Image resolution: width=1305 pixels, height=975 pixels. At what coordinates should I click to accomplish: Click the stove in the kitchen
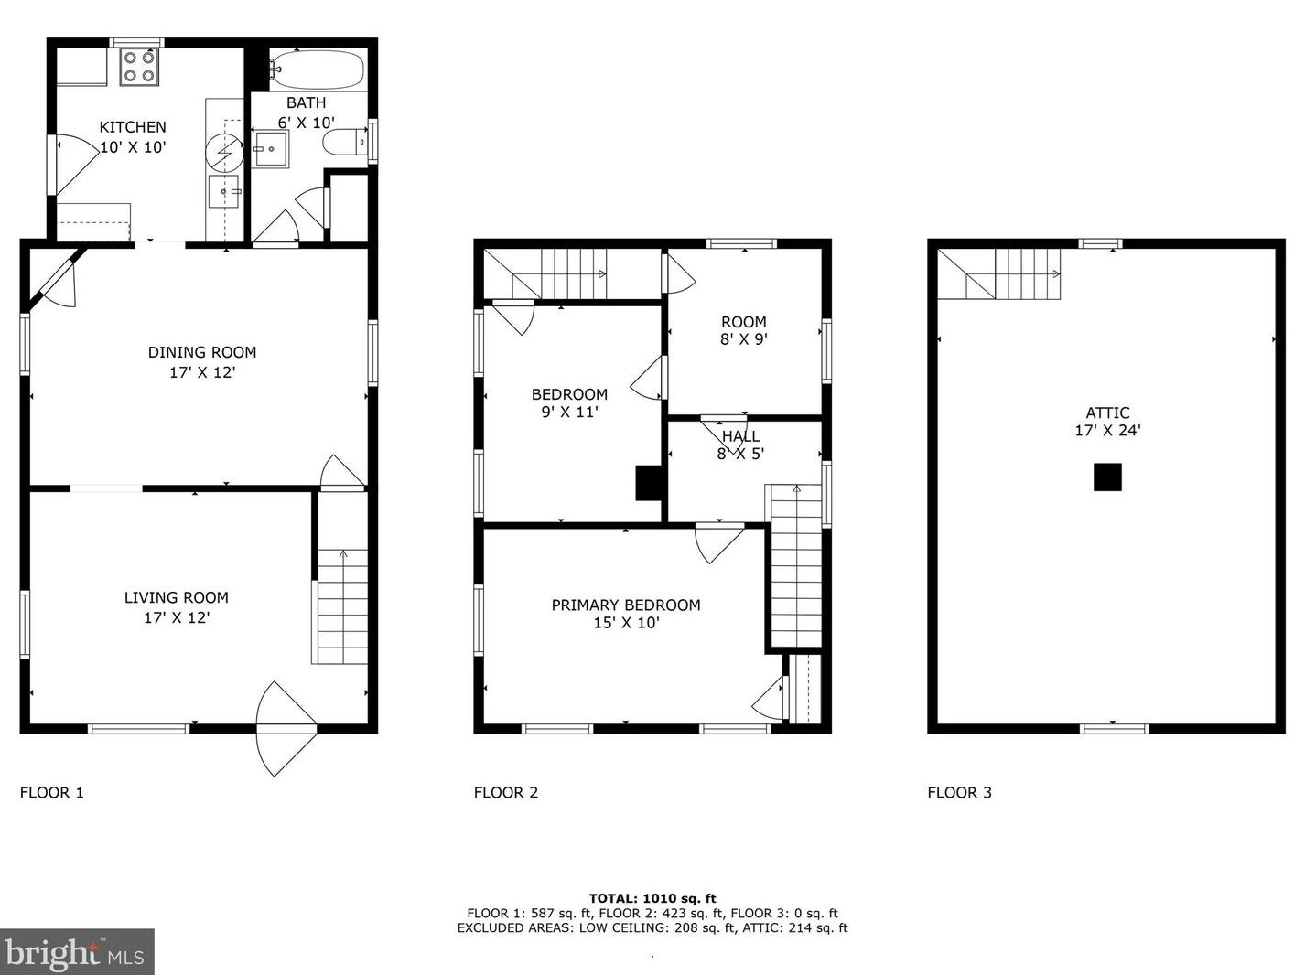tap(140, 67)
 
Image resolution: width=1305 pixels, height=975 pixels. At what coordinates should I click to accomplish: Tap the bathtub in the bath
tap(317, 70)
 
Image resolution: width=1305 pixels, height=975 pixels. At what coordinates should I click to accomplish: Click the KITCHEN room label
tap(133, 127)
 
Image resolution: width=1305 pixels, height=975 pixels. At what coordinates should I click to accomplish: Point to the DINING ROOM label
tap(202, 352)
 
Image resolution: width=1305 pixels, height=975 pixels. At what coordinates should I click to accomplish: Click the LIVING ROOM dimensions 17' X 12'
tap(178, 618)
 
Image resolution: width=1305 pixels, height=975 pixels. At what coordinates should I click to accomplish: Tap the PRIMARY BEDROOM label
tap(626, 605)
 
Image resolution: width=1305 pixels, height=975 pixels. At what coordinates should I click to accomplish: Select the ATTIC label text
tap(1107, 412)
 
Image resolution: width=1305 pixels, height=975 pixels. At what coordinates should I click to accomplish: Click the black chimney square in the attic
tap(1107, 477)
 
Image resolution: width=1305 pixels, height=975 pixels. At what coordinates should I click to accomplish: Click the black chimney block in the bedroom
tap(649, 483)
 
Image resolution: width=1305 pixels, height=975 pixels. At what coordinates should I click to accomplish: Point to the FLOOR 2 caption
tap(506, 793)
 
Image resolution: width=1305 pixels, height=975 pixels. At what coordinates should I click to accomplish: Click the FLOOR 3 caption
tap(960, 793)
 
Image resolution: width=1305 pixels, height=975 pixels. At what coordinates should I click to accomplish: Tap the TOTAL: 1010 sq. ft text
tap(652, 898)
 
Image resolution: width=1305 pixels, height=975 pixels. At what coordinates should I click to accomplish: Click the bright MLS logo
tap(77, 952)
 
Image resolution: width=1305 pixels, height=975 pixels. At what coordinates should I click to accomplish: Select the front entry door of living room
tap(286, 728)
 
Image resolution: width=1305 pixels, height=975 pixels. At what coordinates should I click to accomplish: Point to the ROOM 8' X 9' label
tap(744, 330)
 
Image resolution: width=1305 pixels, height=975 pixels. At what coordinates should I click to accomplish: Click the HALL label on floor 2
tap(740, 436)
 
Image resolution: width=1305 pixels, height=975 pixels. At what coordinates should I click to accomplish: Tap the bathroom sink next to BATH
tap(271, 149)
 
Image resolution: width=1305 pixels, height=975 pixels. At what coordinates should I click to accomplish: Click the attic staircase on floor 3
tap(998, 273)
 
